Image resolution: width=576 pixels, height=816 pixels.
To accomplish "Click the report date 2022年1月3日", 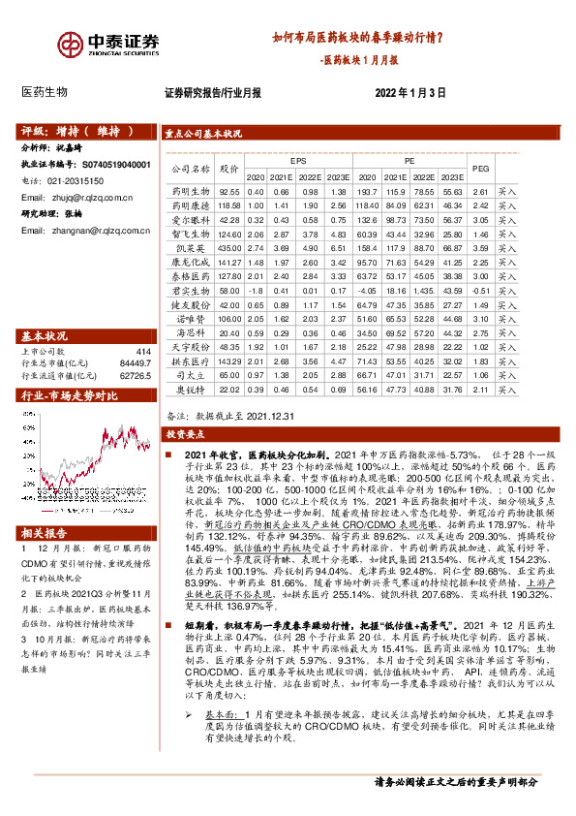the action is (409, 93).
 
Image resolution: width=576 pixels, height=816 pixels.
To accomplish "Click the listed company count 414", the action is (144, 352).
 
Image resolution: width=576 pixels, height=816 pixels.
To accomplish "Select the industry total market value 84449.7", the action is (136, 363).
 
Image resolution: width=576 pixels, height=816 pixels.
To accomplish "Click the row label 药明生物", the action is (191, 193).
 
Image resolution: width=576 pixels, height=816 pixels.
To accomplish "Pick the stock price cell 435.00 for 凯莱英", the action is (229, 248).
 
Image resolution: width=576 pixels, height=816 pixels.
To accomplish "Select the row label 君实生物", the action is (191, 290).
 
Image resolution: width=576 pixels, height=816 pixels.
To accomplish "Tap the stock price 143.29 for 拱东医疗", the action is (229, 360).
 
